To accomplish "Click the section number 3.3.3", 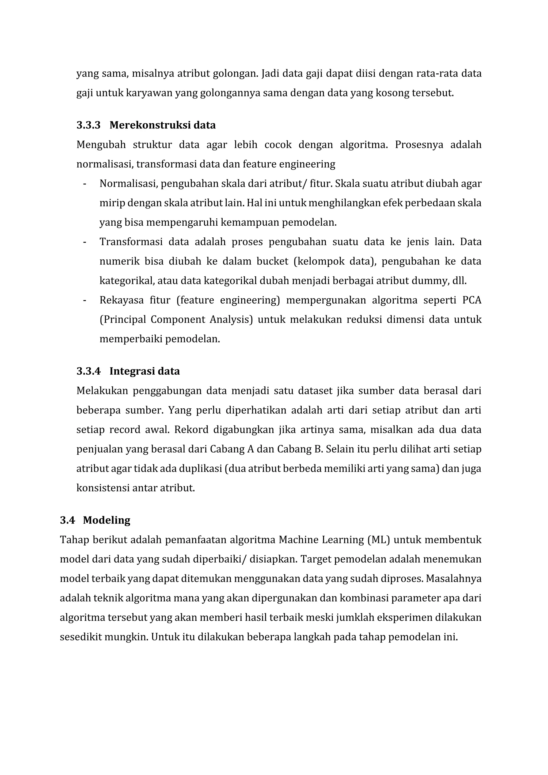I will click(88, 125).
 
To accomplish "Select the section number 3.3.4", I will click(88, 371).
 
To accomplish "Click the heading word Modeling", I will click(107, 520).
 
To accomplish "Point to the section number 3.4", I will click(67, 520).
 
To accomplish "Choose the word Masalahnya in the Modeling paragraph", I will click(454, 579).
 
